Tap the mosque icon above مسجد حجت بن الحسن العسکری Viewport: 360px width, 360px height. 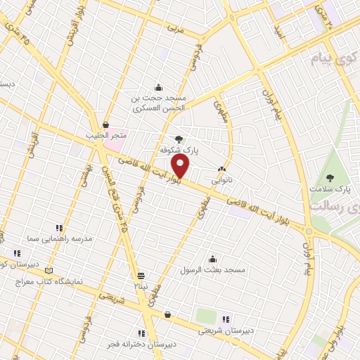158,87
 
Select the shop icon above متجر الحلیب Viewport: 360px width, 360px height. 105,124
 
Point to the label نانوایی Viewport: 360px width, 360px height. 222,179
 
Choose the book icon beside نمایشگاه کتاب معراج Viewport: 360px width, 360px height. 49,270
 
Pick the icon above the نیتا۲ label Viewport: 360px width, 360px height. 141,275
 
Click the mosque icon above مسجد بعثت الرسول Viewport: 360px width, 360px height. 212,259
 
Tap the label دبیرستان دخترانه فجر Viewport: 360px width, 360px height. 141,344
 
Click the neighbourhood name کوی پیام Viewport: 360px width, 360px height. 333,59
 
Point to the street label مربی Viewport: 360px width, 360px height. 175,30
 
